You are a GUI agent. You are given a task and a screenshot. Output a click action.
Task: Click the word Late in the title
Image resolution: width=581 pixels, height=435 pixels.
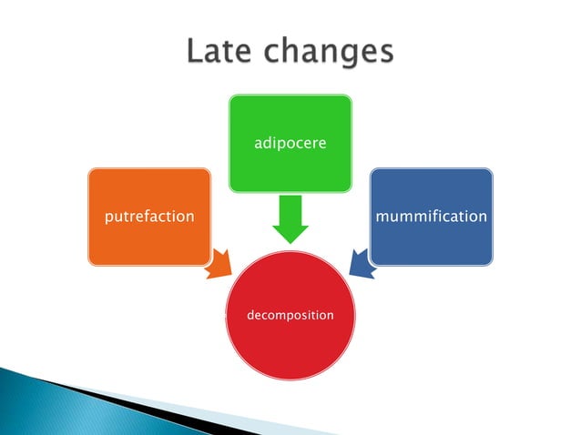click(x=219, y=51)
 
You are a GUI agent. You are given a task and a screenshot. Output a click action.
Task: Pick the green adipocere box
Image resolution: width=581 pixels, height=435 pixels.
click(x=290, y=118)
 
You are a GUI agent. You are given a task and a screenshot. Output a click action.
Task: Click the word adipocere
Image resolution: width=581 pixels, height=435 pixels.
click(x=290, y=144)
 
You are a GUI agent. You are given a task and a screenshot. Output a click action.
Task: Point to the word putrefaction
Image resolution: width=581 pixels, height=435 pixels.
click(x=149, y=217)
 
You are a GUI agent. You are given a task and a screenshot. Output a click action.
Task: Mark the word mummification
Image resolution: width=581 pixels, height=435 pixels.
click(x=431, y=217)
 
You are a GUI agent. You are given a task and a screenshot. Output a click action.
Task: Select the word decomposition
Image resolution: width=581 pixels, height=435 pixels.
click(x=290, y=315)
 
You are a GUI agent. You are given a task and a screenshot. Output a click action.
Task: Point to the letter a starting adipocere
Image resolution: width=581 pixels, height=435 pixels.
click(x=257, y=144)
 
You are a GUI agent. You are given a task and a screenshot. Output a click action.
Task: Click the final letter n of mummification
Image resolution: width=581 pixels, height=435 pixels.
click(x=482, y=217)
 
